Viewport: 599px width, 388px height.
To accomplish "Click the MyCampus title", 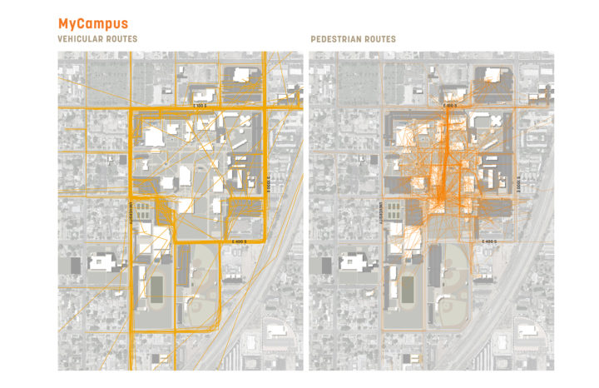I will click(x=92, y=24).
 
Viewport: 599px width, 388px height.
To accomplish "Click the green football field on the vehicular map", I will click(x=156, y=289).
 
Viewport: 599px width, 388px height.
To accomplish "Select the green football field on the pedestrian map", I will click(x=406, y=289).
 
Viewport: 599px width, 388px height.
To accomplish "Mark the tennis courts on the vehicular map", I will click(x=144, y=210).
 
